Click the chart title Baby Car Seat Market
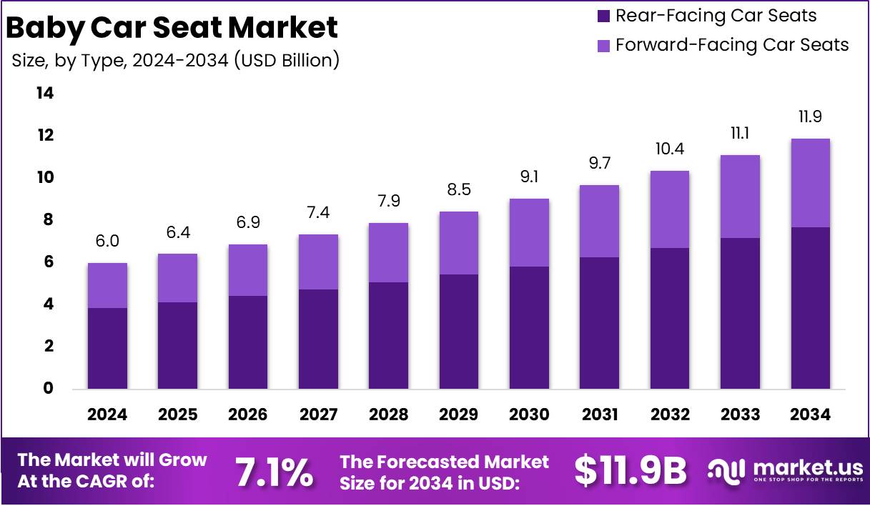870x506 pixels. pyautogui.click(x=172, y=28)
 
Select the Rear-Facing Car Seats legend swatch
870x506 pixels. pyautogui.click(x=602, y=16)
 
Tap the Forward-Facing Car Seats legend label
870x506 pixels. pyautogui.click(x=732, y=45)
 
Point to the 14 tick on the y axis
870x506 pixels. pyautogui.click(x=45, y=94)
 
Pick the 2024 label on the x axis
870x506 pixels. pyautogui.click(x=107, y=415)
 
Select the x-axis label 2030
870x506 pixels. pyautogui.click(x=529, y=415)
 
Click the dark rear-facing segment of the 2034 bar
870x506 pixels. pyautogui.click(x=810, y=308)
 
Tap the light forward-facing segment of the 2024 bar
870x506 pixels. pyautogui.click(x=107, y=286)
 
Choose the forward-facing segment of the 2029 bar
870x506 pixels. pyautogui.click(x=459, y=243)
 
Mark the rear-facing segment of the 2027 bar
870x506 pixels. pyautogui.click(x=318, y=339)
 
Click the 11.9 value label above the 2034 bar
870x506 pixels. pyautogui.click(x=810, y=117)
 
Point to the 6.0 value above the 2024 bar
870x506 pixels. pyautogui.click(x=107, y=242)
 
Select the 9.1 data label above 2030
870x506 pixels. pyautogui.click(x=529, y=177)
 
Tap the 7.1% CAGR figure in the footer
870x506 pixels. pyautogui.click(x=274, y=472)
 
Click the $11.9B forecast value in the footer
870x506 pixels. pyautogui.click(x=630, y=471)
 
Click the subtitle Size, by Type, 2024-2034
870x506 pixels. pyautogui.click(x=175, y=61)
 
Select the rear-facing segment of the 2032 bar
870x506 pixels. pyautogui.click(x=670, y=318)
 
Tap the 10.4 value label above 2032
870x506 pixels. pyautogui.click(x=670, y=149)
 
